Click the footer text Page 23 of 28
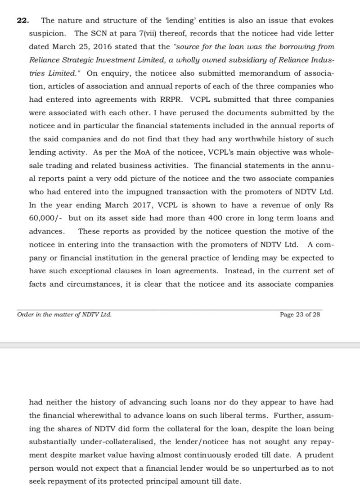coord(300,315)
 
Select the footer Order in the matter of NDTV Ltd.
coord(64,315)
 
